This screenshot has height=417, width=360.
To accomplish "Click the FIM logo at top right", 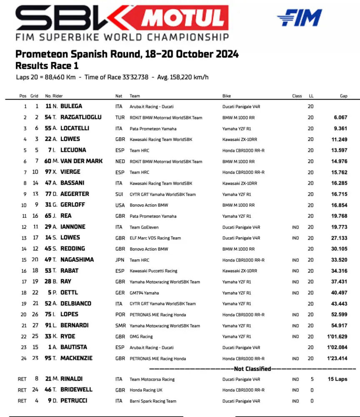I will click(x=299, y=18).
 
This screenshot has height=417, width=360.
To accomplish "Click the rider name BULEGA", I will click(x=71, y=106).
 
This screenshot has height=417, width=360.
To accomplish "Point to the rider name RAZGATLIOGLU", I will click(x=81, y=117).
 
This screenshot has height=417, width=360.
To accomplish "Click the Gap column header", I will click(x=343, y=96).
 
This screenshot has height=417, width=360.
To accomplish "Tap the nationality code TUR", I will click(x=120, y=118).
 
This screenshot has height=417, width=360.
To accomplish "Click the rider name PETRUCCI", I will click(x=75, y=401).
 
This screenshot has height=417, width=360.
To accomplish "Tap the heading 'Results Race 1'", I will click(x=47, y=65).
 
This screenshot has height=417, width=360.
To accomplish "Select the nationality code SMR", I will click(x=120, y=326).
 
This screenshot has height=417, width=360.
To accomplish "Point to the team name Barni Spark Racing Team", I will click(x=153, y=401).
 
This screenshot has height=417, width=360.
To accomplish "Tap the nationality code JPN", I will click(x=120, y=260).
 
